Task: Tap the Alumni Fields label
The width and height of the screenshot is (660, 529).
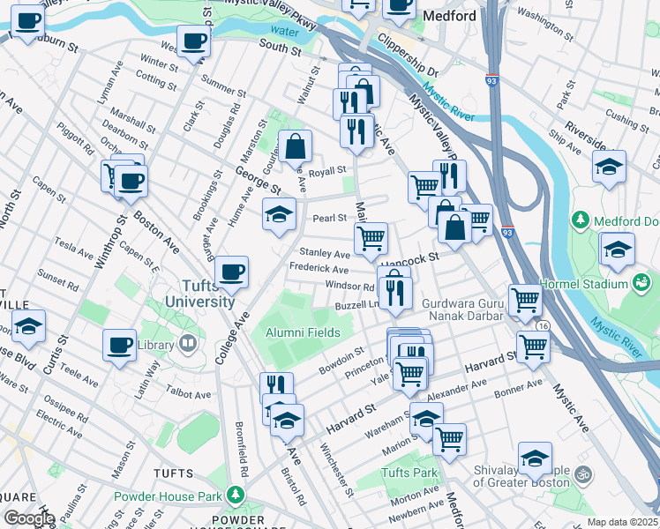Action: coord(304,332)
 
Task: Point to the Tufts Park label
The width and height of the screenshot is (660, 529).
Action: coord(409,473)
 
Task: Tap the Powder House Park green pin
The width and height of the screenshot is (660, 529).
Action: coord(235,495)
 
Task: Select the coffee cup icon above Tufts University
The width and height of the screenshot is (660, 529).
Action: coord(231,272)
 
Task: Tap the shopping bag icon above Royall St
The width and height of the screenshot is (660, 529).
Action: coord(296,146)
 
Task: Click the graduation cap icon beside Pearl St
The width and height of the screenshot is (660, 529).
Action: coord(279,214)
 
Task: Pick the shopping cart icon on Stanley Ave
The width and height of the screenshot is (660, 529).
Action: coord(371,237)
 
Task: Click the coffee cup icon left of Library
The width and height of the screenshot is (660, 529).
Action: coord(119,346)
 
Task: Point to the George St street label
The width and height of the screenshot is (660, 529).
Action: coord(258,180)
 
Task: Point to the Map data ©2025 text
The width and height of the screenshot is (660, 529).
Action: coord(622,521)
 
